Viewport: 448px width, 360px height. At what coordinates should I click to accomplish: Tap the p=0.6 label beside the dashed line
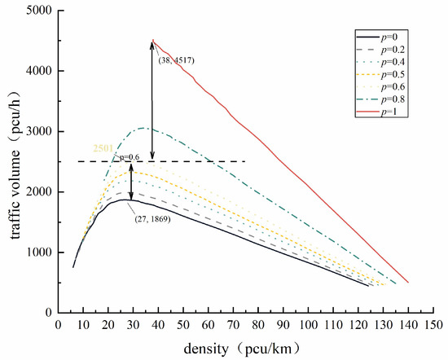tap(128, 156)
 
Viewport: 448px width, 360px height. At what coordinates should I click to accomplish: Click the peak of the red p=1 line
tap(152, 40)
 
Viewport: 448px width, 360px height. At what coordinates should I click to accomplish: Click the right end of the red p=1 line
tap(408, 282)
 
